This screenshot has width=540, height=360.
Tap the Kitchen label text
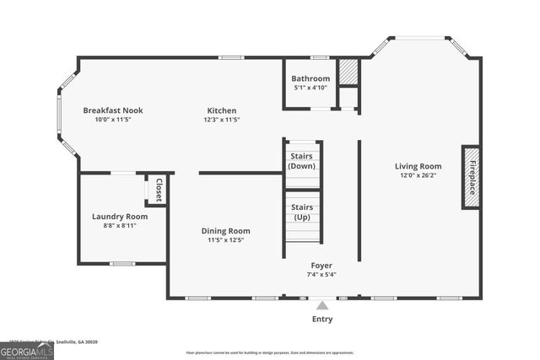click(x=223, y=110)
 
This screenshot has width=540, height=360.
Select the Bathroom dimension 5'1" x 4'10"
click(x=310, y=88)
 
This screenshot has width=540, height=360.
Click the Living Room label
click(x=418, y=166)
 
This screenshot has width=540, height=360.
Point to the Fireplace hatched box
click(x=470, y=177)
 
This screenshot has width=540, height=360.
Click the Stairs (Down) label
click(x=302, y=161)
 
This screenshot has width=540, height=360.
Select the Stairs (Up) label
click(x=302, y=212)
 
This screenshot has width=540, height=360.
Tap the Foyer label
click(x=321, y=265)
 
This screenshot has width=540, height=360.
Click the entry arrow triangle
click(x=322, y=305)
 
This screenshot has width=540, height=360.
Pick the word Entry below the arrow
click(x=322, y=320)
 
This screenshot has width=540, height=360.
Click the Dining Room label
click(x=225, y=231)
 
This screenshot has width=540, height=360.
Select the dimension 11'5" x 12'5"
click(x=225, y=240)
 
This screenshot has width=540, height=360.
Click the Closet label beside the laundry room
click(x=158, y=190)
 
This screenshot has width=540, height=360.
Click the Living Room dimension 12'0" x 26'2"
click(x=418, y=175)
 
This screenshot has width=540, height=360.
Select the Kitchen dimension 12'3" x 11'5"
click(x=223, y=120)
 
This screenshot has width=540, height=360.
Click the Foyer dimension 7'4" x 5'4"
click(x=321, y=274)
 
